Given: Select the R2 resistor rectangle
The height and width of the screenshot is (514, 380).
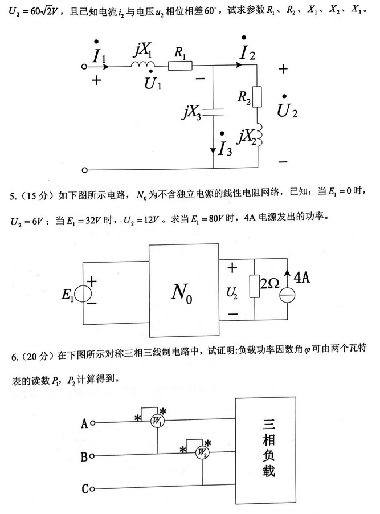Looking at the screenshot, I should coord(257,97).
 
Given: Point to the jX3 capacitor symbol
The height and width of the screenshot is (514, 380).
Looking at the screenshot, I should coord(213,112).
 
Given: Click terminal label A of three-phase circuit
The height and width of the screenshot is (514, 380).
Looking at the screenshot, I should coord(85,423).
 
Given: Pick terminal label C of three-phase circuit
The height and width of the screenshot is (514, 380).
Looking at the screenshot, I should coord(85,488).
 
